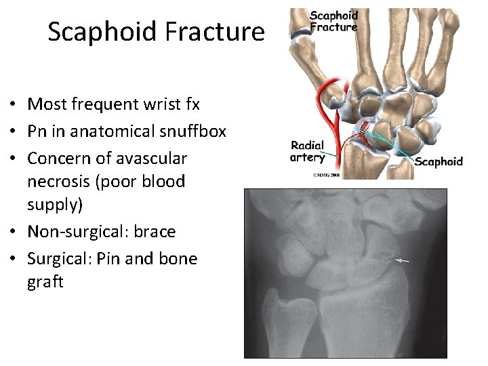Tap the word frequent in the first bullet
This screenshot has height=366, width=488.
pyautogui.click(x=104, y=105)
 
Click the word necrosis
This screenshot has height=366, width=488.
pyautogui.click(x=58, y=182)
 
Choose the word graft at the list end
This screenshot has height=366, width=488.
pyautogui.click(x=45, y=282)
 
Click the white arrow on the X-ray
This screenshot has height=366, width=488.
pyautogui.click(x=403, y=260)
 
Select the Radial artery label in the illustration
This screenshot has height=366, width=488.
pyautogui.click(x=307, y=152)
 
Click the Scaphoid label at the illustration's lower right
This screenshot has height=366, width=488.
pyautogui.click(x=439, y=161)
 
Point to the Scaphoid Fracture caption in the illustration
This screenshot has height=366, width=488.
pyautogui.click(x=333, y=22)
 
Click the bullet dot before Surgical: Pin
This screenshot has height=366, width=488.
pyautogui.click(x=13, y=260)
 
